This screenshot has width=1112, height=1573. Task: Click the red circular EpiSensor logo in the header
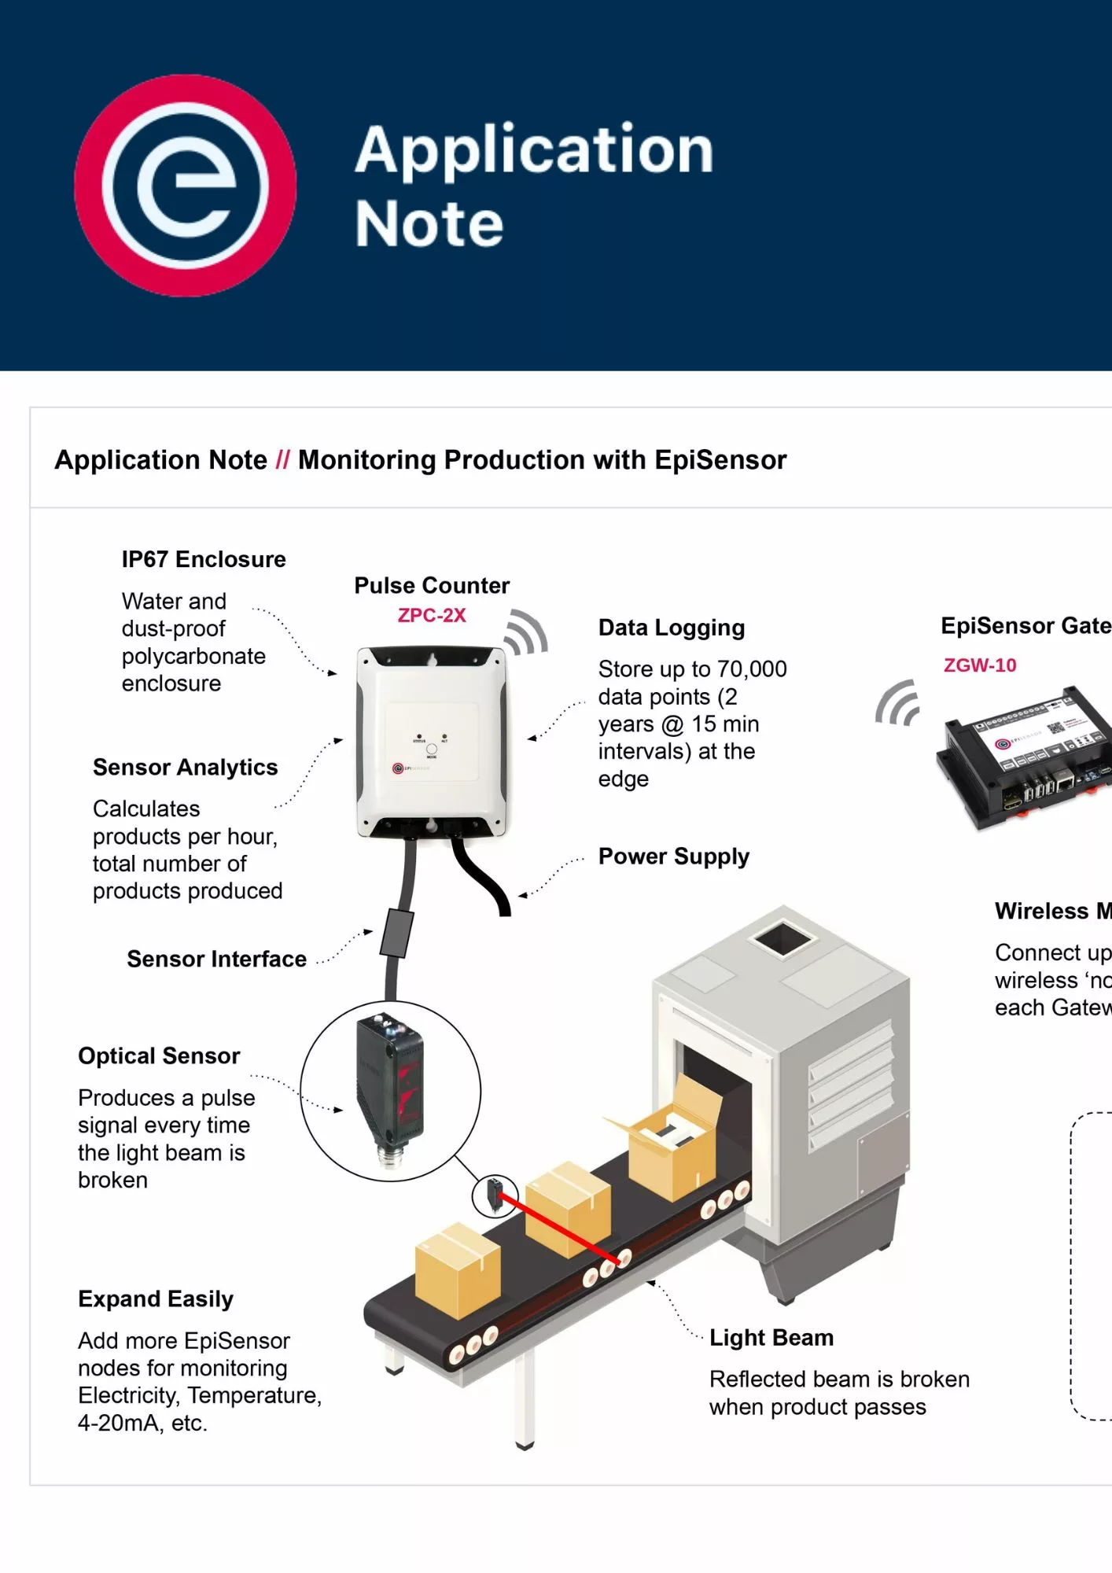tap(186, 186)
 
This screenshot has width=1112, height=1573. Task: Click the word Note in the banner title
tap(429, 224)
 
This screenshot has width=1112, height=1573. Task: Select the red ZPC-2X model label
tap(432, 615)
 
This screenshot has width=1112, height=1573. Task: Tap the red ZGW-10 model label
tap(980, 665)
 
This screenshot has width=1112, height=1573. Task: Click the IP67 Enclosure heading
tap(204, 559)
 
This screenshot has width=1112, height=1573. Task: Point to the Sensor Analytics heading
tap(186, 767)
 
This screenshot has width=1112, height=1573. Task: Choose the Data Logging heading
tap(672, 628)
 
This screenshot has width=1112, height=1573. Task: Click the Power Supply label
tap(674, 856)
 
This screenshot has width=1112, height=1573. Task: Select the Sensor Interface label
tap(217, 959)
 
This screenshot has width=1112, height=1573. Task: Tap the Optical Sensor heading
tap(159, 1055)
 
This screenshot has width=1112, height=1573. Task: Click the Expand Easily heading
tap(156, 1299)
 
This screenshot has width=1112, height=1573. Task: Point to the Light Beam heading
tap(771, 1337)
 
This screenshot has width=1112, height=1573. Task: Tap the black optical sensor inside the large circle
tap(391, 1089)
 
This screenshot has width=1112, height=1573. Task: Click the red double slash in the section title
tap(283, 460)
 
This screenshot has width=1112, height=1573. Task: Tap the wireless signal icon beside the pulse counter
tap(526, 632)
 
